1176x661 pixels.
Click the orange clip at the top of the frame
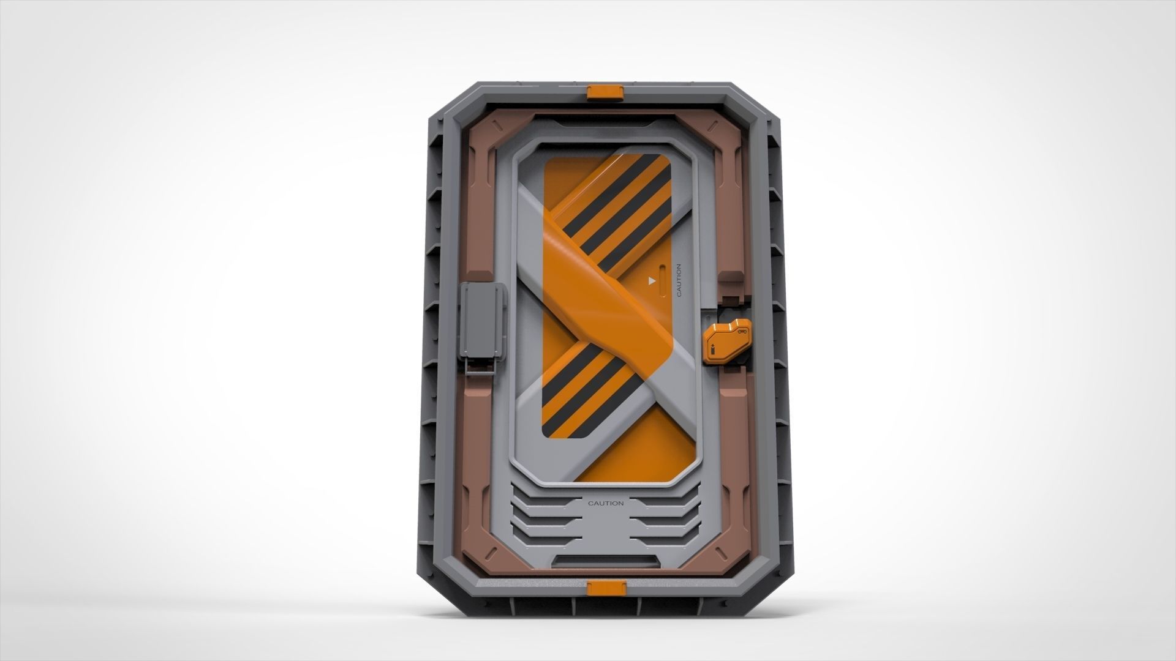pyautogui.click(x=605, y=92)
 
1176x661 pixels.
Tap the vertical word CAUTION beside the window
pyautogui.click(x=678, y=280)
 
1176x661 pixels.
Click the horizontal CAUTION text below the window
pyautogui.click(x=605, y=503)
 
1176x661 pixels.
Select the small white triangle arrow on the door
pyautogui.click(x=652, y=281)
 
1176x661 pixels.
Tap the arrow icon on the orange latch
pyautogui.click(x=714, y=351)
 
